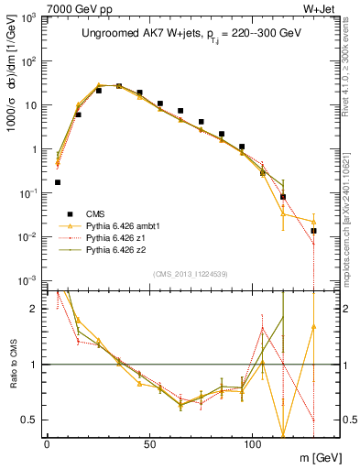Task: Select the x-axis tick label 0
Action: click(x=47, y=442)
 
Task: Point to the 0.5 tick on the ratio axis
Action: click(x=33, y=420)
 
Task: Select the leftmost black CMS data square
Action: click(x=58, y=182)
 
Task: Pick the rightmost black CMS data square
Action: click(x=313, y=231)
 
